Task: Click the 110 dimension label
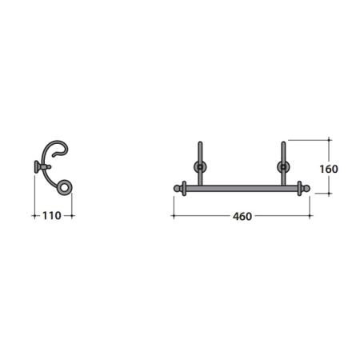tap(52, 215)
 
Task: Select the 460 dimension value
tap(242, 216)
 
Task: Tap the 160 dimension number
tap(329, 169)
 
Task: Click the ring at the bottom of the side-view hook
tap(64, 187)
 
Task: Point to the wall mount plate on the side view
tap(37, 167)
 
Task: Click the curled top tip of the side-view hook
tap(54, 154)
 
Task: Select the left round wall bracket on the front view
tap(200, 167)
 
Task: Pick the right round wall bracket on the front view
tap(283, 167)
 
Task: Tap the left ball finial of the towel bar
tap(177, 189)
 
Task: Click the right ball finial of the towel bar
tap(306, 189)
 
